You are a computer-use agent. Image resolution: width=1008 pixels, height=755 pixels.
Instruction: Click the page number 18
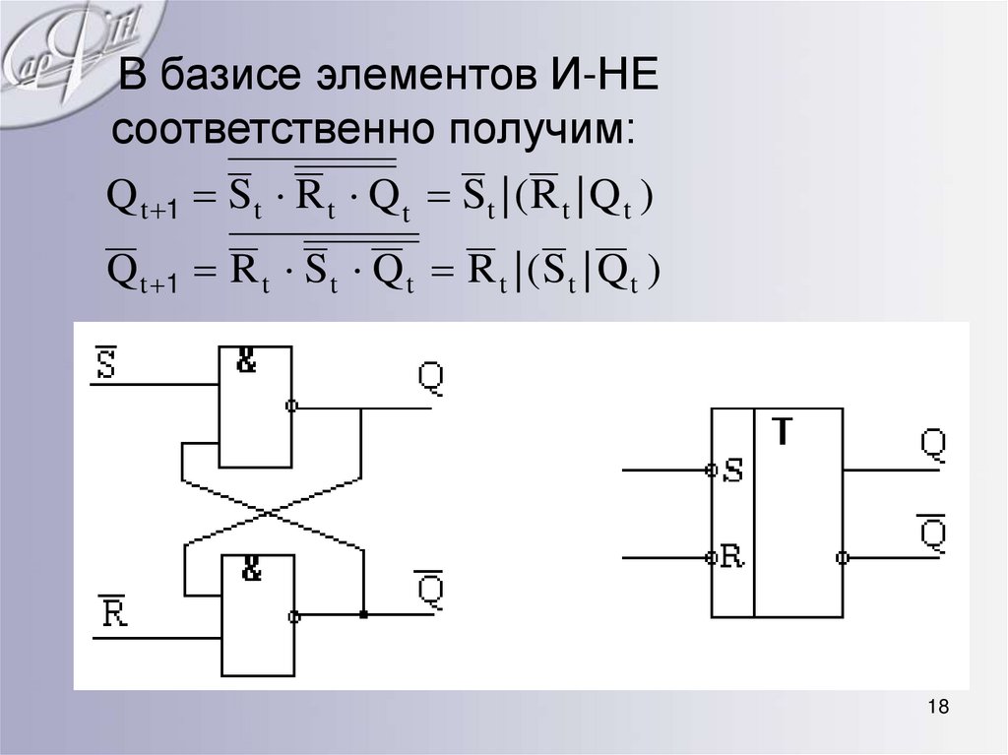click(x=937, y=708)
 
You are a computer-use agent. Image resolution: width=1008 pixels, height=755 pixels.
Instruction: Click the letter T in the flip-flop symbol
click(x=781, y=431)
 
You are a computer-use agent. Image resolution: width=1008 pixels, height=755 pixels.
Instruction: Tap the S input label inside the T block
click(x=732, y=471)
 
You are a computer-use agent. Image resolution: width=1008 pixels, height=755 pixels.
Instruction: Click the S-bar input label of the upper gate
click(x=106, y=362)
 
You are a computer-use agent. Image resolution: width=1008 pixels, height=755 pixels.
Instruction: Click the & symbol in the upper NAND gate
click(x=246, y=362)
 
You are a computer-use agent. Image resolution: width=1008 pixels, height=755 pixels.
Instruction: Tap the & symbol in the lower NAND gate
click(x=252, y=569)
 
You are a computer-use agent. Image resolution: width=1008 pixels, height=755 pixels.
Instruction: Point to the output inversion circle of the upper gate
click(x=292, y=406)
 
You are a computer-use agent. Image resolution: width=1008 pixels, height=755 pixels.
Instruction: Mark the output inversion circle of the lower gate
click(x=294, y=616)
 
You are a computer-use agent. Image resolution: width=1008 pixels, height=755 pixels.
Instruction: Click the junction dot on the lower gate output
click(x=363, y=615)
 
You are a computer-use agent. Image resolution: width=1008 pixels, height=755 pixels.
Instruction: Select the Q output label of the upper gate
click(x=430, y=377)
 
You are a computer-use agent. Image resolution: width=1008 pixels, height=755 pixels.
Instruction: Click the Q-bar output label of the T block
click(x=932, y=533)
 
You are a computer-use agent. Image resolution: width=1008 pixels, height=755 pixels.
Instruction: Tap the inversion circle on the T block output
click(x=842, y=558)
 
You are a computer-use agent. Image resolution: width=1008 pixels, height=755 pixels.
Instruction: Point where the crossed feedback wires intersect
click(x=272, y=512)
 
